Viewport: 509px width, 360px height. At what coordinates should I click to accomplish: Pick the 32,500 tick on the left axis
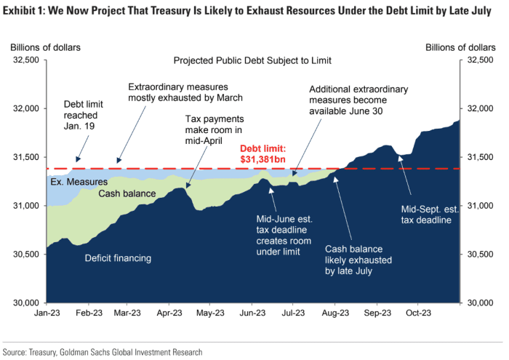click(24, 60)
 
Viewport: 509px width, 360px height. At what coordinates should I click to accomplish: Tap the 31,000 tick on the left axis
click(24, 206)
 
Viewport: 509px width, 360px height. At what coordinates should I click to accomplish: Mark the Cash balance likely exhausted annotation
click(348, 259)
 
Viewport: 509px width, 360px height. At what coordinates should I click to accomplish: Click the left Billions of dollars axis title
click(45, 47)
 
